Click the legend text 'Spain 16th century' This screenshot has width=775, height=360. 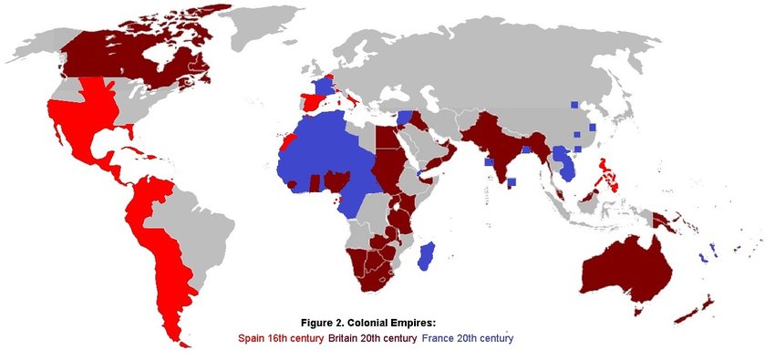(277, 338)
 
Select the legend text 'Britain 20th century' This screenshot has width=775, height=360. (368, 338)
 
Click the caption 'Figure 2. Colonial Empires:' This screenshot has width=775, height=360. (368, 323)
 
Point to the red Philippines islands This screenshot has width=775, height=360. (602, 173)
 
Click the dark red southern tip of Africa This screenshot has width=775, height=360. (374, 273)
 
